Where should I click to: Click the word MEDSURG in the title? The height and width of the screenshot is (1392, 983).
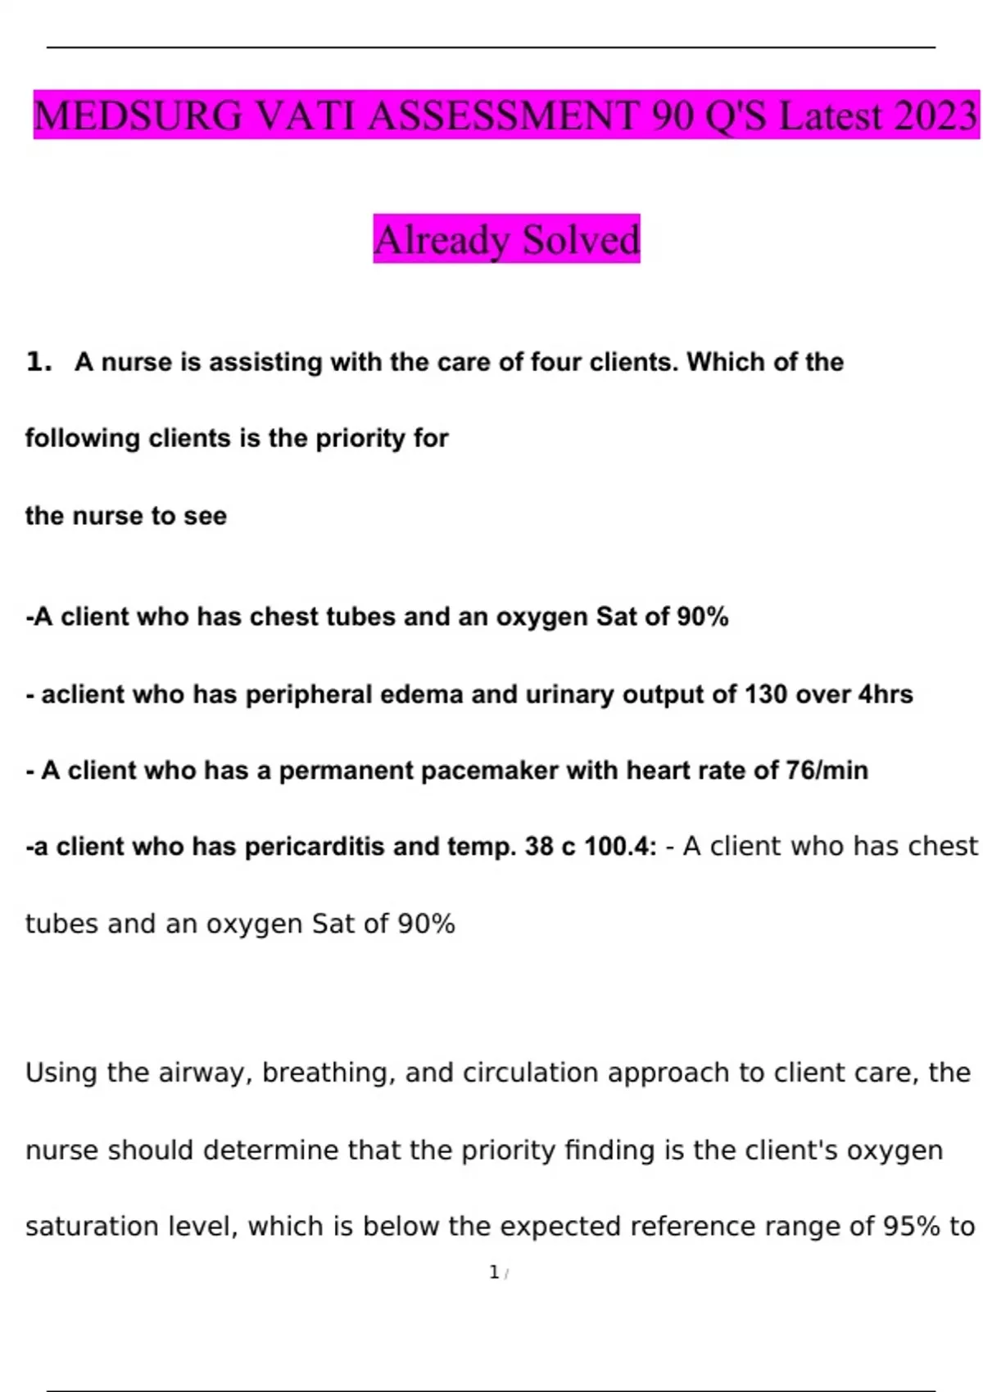pyautogui.click(x=138, y=115)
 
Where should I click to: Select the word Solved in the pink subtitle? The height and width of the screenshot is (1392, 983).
pyautogui.click(x=581, y=239)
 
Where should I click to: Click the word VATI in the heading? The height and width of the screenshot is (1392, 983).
pyautogui.click(x=306, y=115)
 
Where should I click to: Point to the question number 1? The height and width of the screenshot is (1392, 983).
pyautogui.click(x=38, y=361)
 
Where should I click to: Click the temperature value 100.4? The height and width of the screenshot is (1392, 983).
pyautogui.click(x=620, y=847)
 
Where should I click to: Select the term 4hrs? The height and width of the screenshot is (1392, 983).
pyautogui.click(x=885, y=694)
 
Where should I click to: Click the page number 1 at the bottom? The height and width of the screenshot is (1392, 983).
pyautogui.click(x=494, y=1272)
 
